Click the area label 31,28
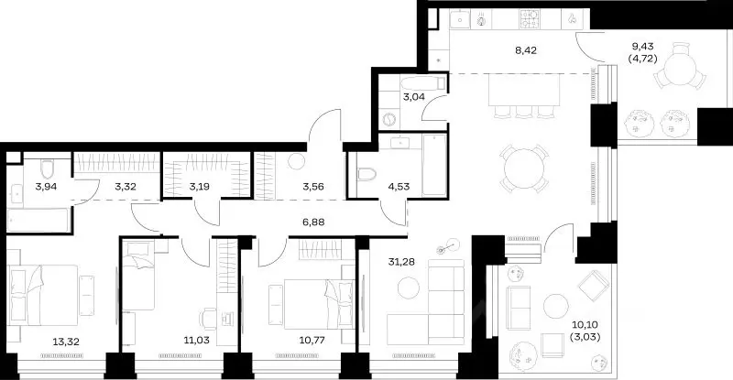pyautogui.click(x=401, y=262)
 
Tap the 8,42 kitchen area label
pyautogui.click(x=526, y=49)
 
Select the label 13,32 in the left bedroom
pyautogui.click(x=66, y=342)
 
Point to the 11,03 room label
pyautogui.click(x=196, y=341)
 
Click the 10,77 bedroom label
pyautogui.click(x=312, y=341)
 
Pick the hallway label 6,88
pyautogui.click(x=313, y=222)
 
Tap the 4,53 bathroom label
pyautogui.click(x=399, y=187)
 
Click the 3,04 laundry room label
pyautogui.click(x=414, y=97)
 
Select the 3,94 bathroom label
pyautogui.click(x=47, y=187)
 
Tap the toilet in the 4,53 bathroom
pyautogui.click(x=366, y=175)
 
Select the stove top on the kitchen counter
pyautogui.click(x=530, y=19)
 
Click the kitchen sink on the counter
pyautogui.click(x=460, y=19)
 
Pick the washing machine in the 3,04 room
pyautogui.click(x=389, y=120)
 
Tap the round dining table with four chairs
pyautogui.click(x=524, y=168)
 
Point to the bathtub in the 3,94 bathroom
pyautogui.click(x=38, y=220)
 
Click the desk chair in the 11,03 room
pyautogui.click(x=208, y=319)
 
